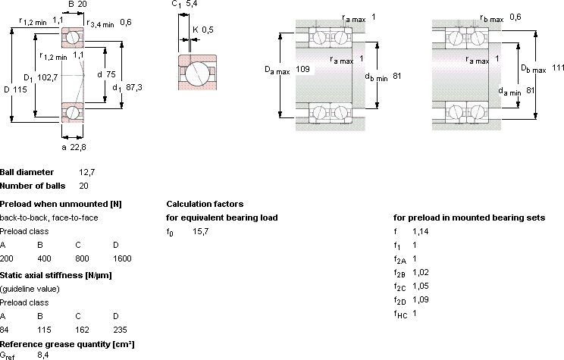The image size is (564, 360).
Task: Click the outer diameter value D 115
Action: coord(15,89)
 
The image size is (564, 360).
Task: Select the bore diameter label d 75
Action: coord(106,74)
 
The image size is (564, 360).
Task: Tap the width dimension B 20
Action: coord(77,4)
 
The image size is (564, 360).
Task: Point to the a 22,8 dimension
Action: coord(74,147)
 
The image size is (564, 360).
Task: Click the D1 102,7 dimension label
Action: coord(41,77)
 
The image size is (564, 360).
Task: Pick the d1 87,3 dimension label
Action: coord(127,87)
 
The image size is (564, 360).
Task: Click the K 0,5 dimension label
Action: coord(203,30)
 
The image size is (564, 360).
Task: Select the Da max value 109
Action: coord(302,69)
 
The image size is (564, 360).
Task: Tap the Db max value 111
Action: coord(558,67)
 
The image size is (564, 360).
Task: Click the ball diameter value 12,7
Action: coord(87,172)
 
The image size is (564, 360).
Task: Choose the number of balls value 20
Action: coord(83,186)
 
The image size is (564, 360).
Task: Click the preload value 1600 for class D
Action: coord(122,258)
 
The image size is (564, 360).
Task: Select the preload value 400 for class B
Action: coord(44,258)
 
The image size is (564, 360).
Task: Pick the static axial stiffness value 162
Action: coord(82,330)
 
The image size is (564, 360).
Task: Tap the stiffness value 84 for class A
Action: coord(5,330)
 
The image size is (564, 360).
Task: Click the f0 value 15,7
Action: coord(200,231)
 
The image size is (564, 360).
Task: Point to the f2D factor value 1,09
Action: coord(421,299)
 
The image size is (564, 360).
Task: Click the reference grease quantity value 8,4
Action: coord(43,355)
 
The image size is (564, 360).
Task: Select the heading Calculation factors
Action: coord(205,204)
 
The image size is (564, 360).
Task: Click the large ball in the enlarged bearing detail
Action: coord(196,74)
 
